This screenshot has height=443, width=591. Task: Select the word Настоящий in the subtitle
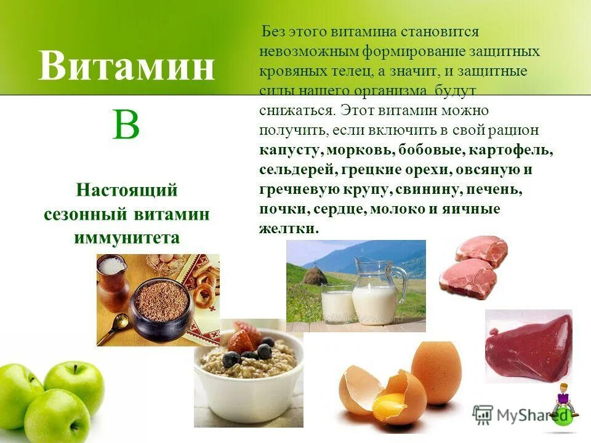pos(127,190)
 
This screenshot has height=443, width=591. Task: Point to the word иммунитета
pos(127,237)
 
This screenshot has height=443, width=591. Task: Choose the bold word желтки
pos(288,228)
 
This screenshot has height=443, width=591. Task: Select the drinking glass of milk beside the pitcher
pos(337,303)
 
